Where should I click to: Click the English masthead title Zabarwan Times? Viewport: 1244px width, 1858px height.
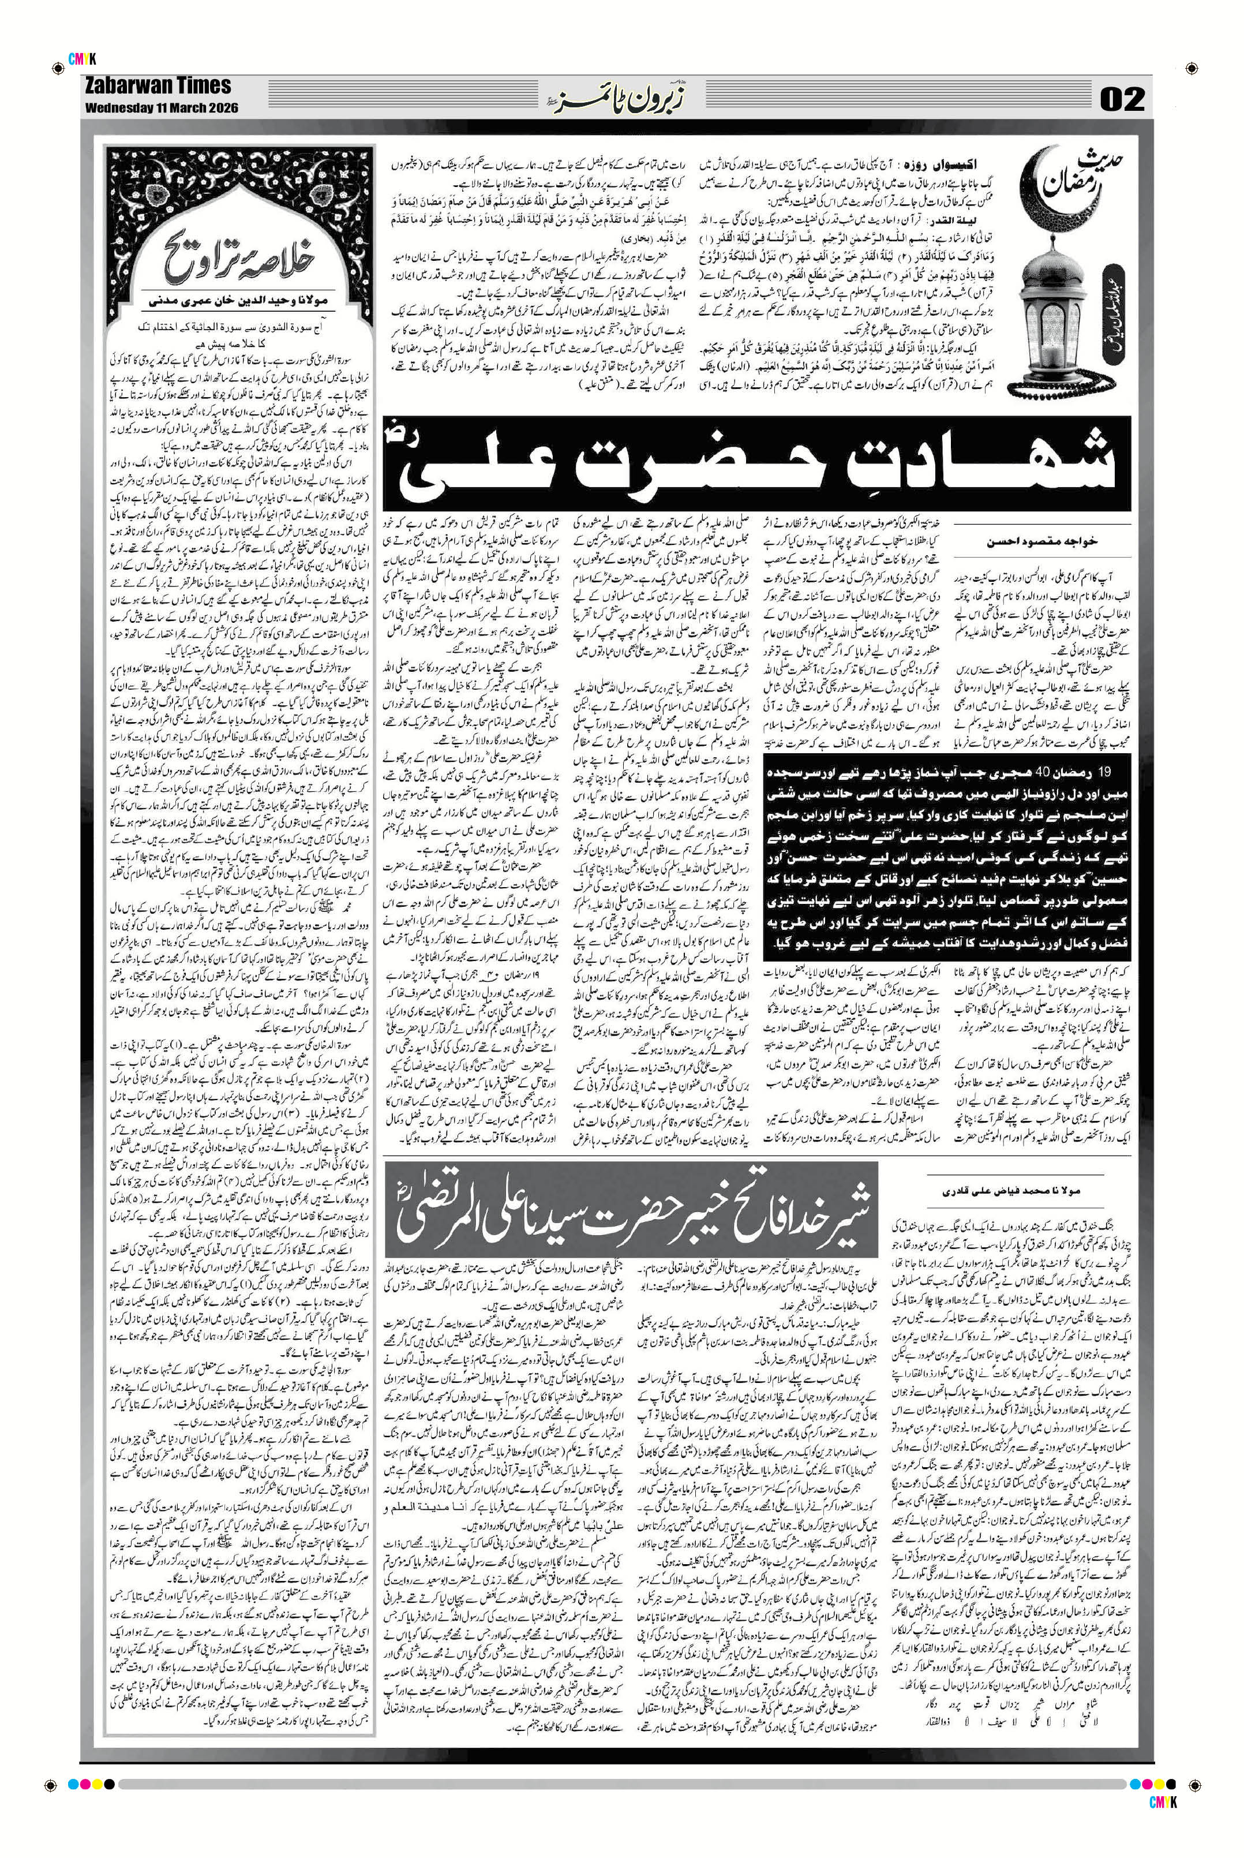[157, 86]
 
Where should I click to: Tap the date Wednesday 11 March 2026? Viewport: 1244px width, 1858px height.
[160, 107]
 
